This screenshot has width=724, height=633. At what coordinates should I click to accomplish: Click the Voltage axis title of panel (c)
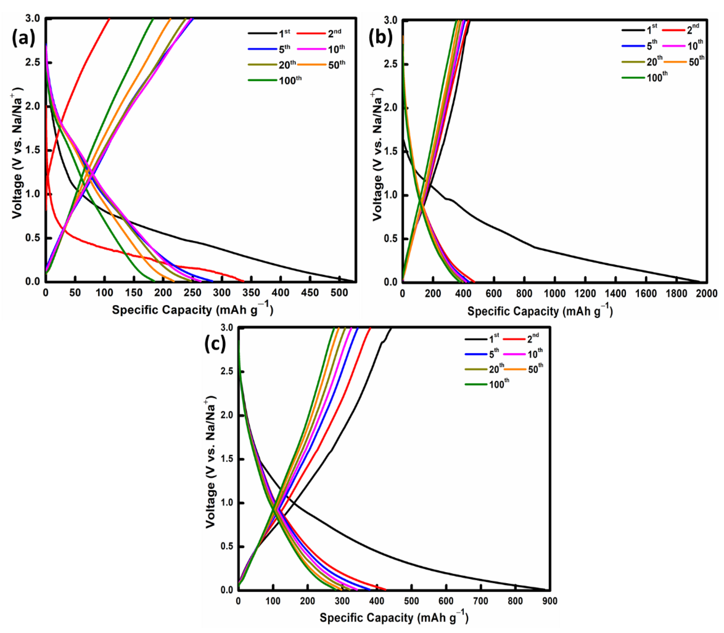pyautogui.click(x=211, y=463)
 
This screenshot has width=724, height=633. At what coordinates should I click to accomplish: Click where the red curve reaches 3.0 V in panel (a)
pyautogui.click(x=109, y=18)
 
